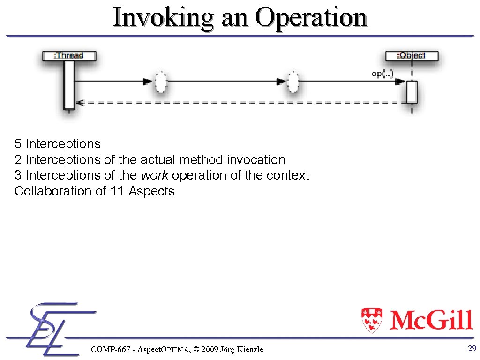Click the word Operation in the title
pyautogui.click(x=311, y=18)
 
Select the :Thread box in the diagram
pyautogui.click(x=69, y=55)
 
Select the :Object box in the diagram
pyautogui.click(x=412, y=55)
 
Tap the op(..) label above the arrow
pyautogui.click(x=382, y=74)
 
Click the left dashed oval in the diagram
pyautogui.click(x=160, y=82)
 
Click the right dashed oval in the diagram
pyautogui.click(x=293, y=82)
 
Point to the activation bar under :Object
pyautogui.click(x=412, y=92)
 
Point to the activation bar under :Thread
pyautogui.click(x=69, y=84)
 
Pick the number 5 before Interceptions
pyautogui.click(x=18, y=144)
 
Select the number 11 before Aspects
pyautogui.click(x=117, y=191)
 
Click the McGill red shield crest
pyautogui.click(x=372, y=320)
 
